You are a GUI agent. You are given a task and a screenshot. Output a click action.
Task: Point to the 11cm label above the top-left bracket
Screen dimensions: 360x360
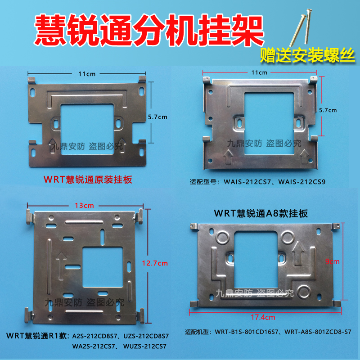point(86,73)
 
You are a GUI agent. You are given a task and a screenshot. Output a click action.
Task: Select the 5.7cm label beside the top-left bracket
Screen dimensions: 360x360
point(157,117)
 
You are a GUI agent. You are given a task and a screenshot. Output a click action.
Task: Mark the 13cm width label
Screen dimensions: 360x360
point(85,205)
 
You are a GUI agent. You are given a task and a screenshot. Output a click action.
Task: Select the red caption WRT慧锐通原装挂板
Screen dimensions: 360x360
point(88,180)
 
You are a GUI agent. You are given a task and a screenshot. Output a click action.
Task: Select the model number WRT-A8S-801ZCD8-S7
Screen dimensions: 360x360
point(319,333)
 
